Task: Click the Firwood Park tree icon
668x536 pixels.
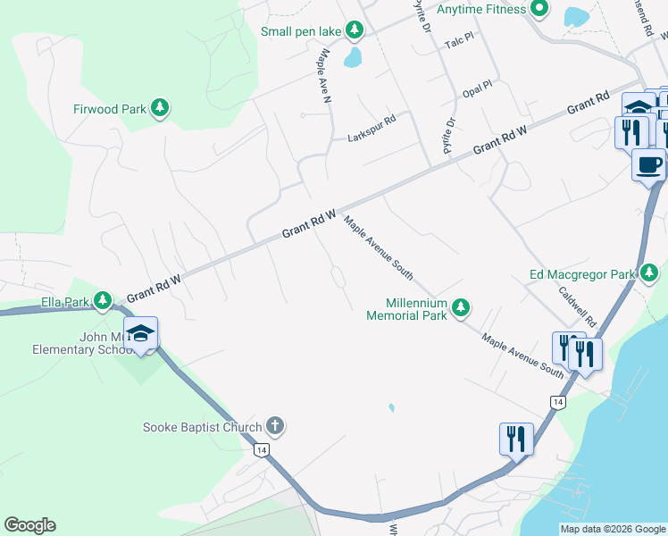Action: (160, 109)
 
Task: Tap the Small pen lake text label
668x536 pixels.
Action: (301, 31)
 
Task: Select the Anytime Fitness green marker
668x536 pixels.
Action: (539, 10)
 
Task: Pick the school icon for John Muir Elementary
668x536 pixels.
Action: (140, 333)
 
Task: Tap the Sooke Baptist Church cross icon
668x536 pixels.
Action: (275, 427)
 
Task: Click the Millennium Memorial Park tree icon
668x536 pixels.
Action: (460, 308)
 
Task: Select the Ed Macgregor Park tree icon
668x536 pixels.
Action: (650, 272)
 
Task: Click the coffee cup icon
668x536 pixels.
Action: (648, 164)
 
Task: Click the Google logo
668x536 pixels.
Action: (29, 525)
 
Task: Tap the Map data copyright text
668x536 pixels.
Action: (612, 529)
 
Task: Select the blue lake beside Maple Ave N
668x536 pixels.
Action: (355, 59)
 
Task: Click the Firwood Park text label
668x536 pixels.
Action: (110, 109)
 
